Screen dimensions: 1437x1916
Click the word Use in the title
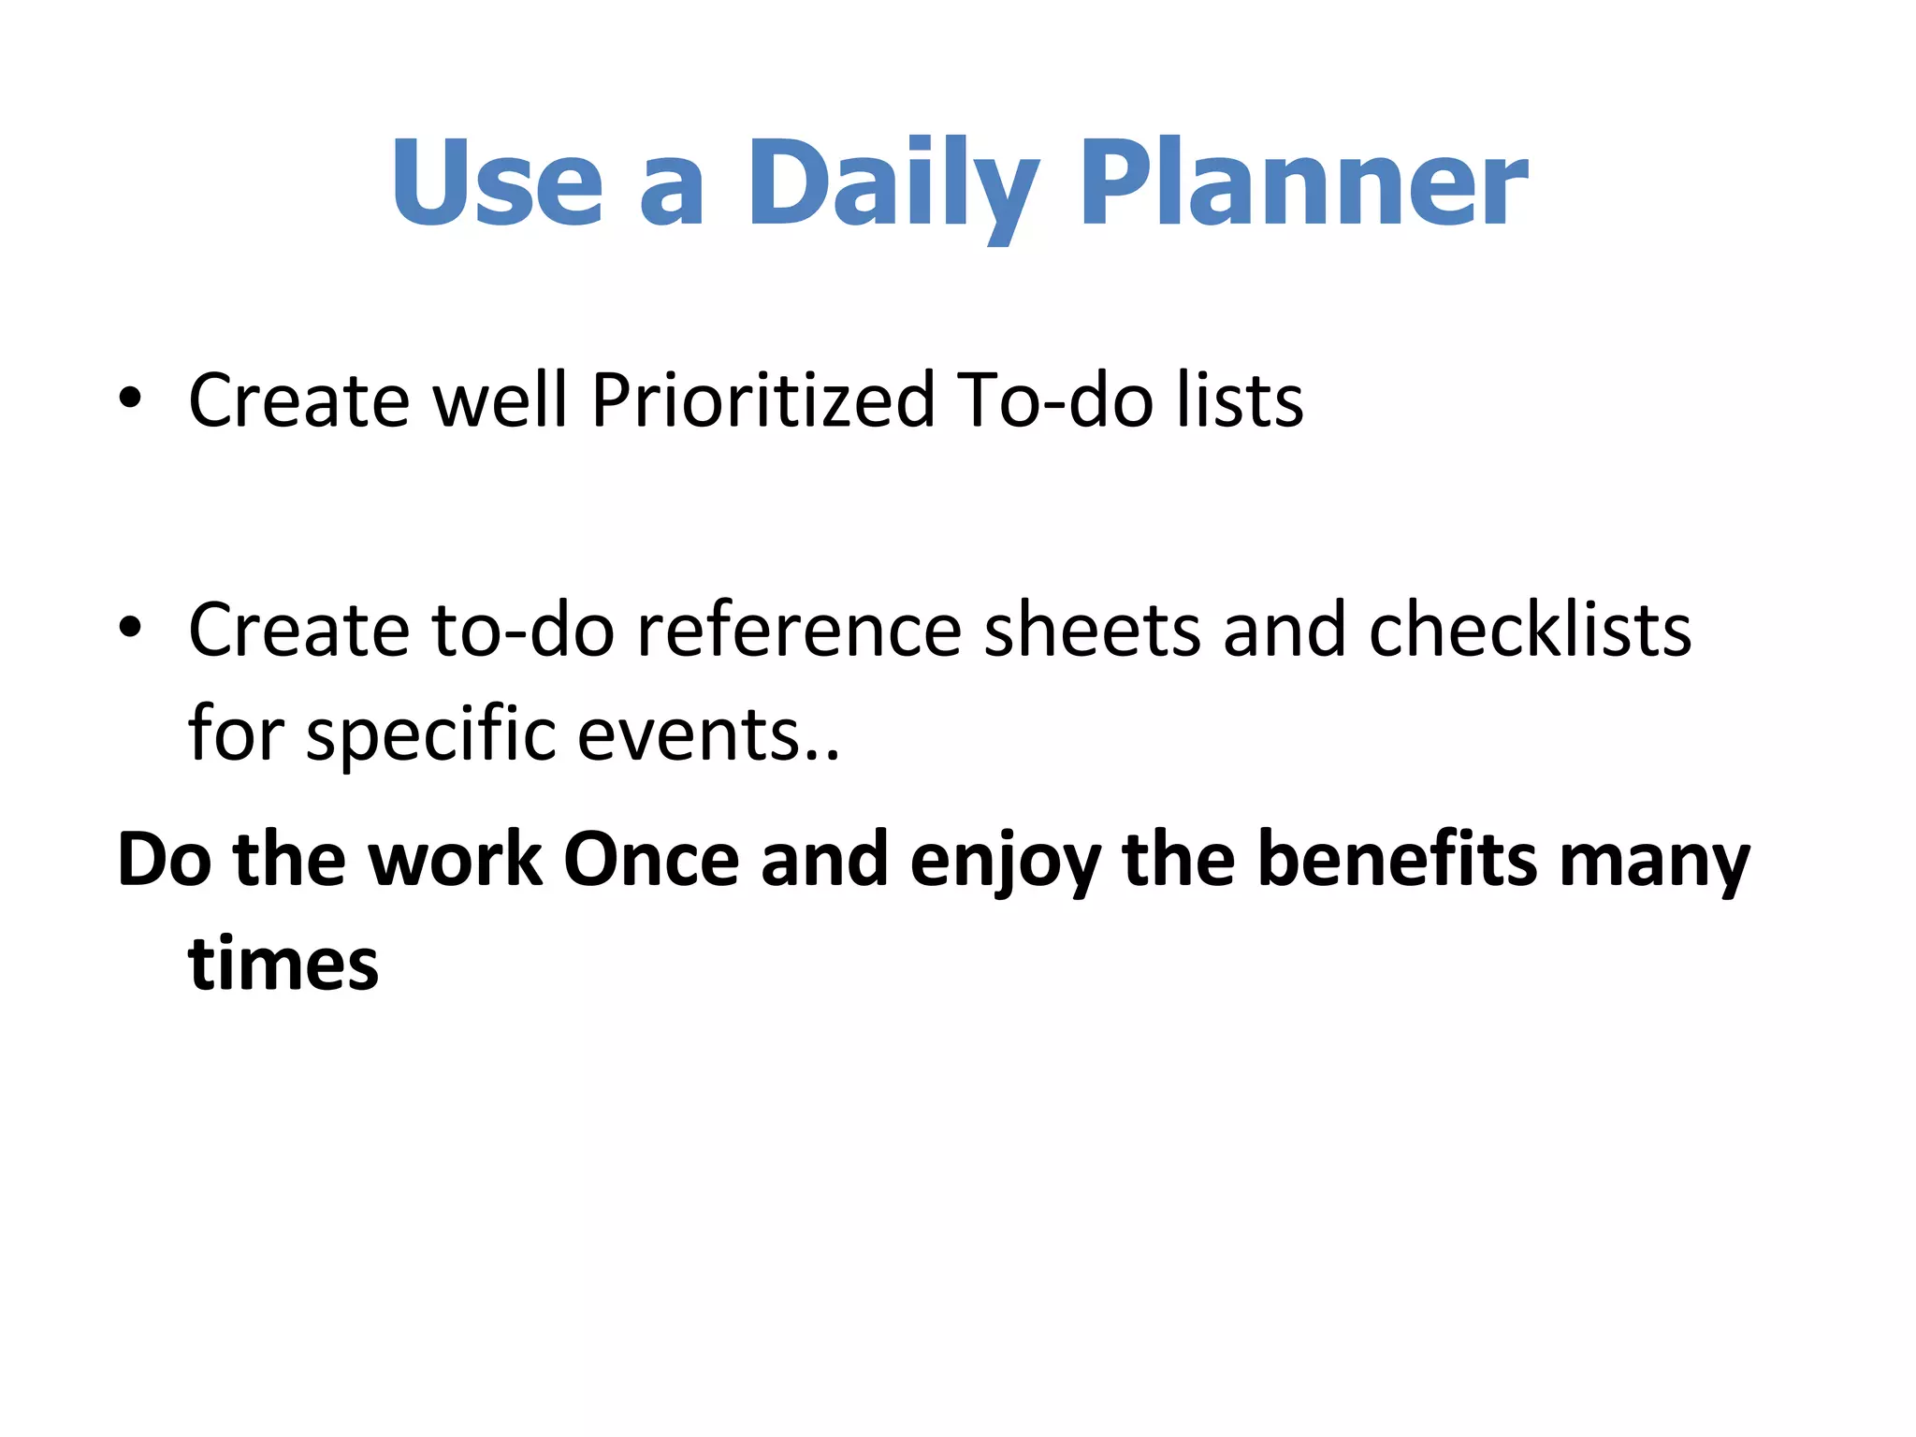coord(497,182)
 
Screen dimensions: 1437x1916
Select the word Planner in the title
coord(1303,182)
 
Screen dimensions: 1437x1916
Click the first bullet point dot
coord(130,399)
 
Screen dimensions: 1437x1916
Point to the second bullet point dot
coord(130,628)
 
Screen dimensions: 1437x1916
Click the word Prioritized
coord(762,400)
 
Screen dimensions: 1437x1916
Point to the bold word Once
coord(650,860)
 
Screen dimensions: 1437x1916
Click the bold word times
coord(283,964)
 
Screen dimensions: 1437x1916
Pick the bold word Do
coord(165,860)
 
